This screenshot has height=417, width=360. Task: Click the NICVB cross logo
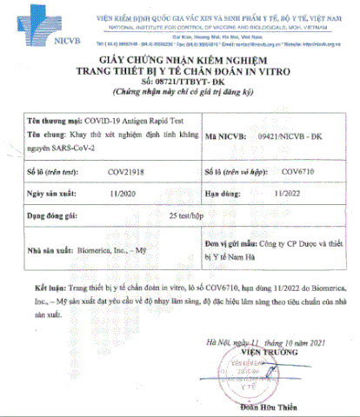33,23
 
